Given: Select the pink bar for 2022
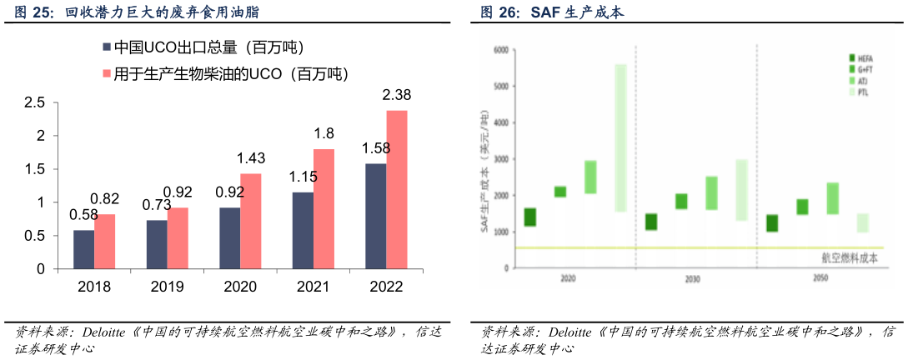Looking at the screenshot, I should (x=397, y=190).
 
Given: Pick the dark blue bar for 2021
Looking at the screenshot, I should (x=303, y=231).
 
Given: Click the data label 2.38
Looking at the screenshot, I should (x=396, y=95).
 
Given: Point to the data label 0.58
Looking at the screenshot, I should (x=83, y=215).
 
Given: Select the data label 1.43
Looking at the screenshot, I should (x=250, y=158).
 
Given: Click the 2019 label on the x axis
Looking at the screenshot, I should (x=167, y=287).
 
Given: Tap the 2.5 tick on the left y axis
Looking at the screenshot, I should (x=34, y=102).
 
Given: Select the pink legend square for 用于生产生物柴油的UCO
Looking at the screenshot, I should (x=106, y=74).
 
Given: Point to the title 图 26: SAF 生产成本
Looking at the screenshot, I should (x=551, y=12).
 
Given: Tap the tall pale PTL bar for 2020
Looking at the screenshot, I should (x=620, y=137).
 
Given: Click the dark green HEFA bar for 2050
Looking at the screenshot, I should (x=772, y=222).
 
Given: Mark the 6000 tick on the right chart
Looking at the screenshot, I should (x=500, y=50).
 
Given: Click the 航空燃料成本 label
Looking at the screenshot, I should (x=849, y=258).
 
